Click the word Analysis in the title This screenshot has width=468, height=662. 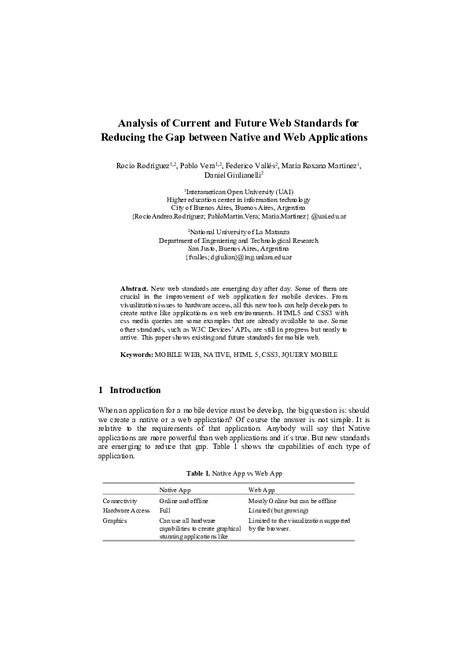click(138, 123)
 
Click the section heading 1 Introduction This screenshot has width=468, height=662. click(130, 390)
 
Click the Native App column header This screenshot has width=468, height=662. click(175, 490)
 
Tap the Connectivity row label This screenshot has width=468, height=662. click(120, 500)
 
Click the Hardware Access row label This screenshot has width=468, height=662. click(126, 510)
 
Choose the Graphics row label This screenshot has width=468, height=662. click(115, 520)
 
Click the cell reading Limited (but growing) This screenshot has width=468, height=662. click(279, 510)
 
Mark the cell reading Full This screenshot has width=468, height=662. click(164, 510)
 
